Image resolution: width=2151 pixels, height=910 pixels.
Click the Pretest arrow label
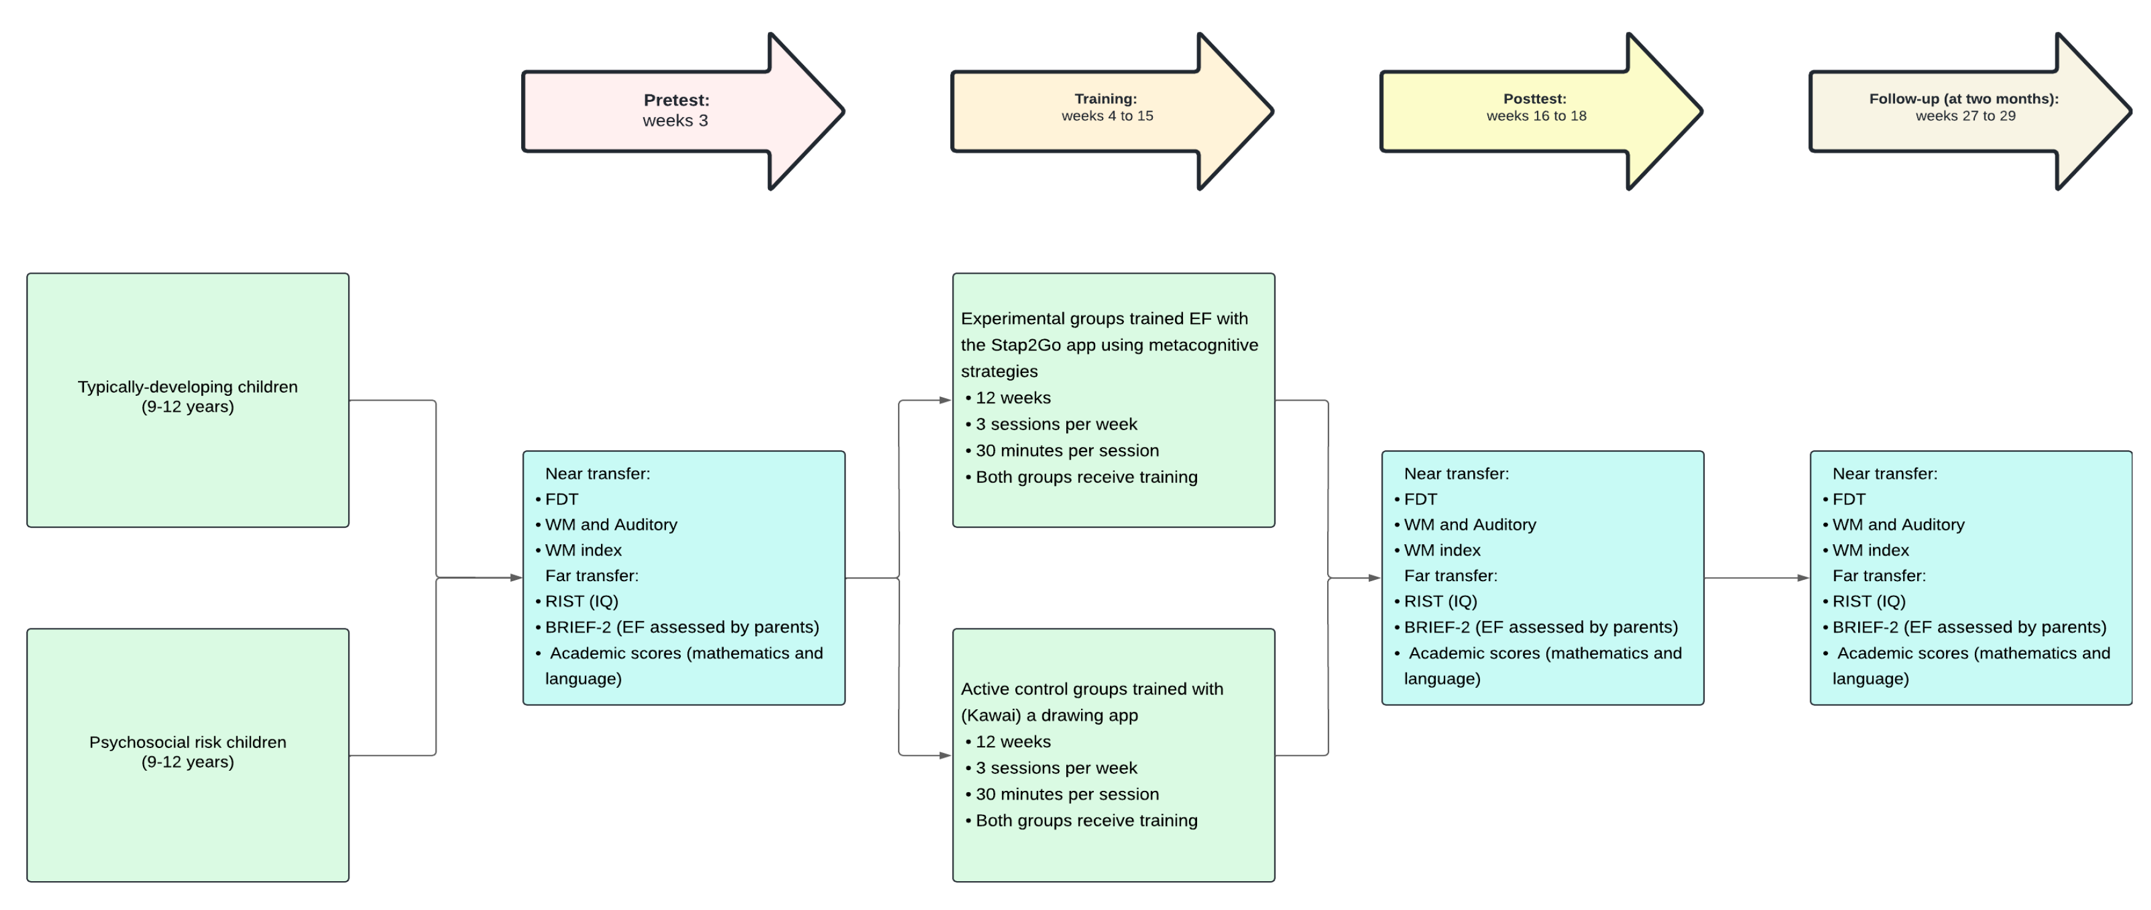point(675,100)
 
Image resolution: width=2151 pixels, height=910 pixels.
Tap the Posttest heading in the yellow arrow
point(1534,99)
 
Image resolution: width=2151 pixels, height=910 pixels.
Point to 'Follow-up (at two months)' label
point(1963,99)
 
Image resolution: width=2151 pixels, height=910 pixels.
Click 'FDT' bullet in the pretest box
point(561,499)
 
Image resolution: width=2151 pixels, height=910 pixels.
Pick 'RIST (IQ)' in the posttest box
point(1440,601)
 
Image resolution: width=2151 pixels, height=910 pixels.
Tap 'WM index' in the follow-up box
point(1870,550)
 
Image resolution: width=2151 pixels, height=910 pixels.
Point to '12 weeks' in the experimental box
point(1012,398)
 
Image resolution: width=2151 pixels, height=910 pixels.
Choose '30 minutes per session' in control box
point(1066,794)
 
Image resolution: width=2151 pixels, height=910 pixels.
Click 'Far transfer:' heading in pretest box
point(591,576)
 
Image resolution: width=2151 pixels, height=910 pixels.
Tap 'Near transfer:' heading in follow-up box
point(1884,473)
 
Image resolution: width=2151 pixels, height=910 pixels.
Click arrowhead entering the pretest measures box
point(516,578)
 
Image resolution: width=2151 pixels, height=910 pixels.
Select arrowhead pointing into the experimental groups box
point(945,400)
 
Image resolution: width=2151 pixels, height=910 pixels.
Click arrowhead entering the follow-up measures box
point(1803,578)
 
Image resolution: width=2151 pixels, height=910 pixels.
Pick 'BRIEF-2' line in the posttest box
point(1540,627)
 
